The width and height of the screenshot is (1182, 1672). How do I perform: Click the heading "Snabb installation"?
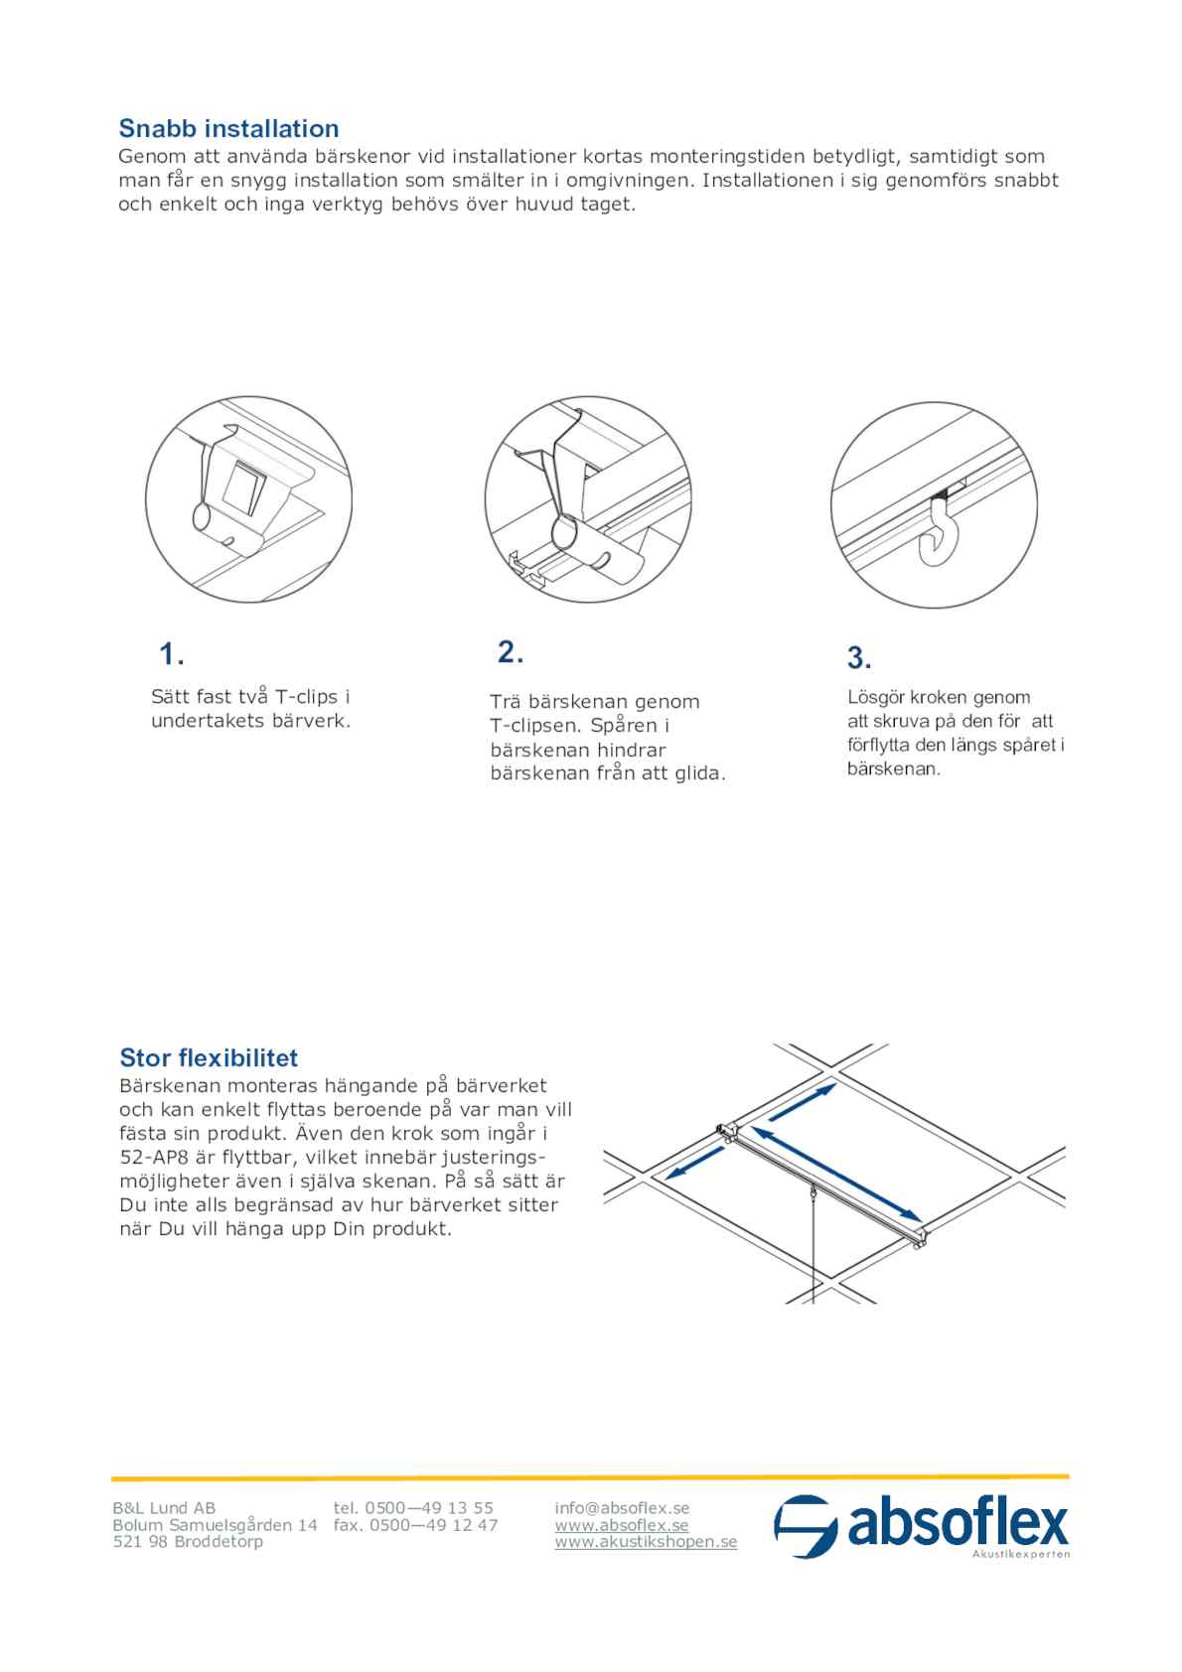228,128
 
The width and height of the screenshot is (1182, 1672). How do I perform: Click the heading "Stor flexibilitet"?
209,1057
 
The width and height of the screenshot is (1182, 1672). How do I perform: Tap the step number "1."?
172,654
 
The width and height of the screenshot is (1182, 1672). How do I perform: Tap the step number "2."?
511,652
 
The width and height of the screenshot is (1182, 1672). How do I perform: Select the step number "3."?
859,657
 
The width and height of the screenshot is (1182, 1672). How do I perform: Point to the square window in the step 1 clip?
243,488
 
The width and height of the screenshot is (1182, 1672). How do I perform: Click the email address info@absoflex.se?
622,1508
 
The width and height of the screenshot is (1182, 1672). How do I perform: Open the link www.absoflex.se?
622,1525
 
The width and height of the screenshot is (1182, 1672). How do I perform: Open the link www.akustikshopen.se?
646,1542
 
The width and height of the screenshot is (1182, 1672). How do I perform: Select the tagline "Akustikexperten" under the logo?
1020,1554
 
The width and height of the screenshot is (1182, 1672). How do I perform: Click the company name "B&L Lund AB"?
164,1508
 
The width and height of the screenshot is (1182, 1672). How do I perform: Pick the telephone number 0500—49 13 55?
429,1508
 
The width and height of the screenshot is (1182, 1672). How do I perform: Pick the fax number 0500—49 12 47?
433,1525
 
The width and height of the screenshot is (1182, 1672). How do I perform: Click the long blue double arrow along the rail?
834,1172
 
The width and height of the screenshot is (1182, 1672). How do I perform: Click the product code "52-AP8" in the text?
155,1157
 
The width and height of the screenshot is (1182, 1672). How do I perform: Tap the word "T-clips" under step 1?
306,697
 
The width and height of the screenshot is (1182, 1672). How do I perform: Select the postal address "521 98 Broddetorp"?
188,1542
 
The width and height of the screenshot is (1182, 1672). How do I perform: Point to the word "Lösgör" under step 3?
877,697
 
